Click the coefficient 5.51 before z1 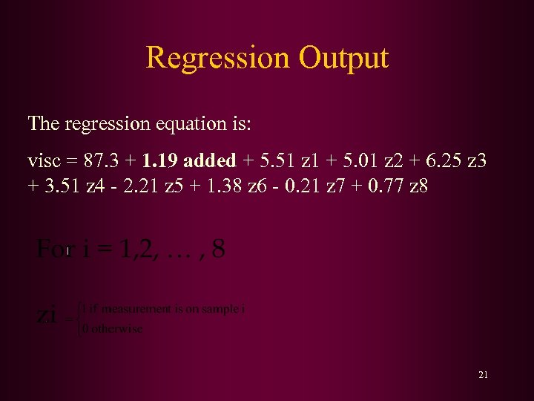point(272,160)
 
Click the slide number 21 point(483,375)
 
